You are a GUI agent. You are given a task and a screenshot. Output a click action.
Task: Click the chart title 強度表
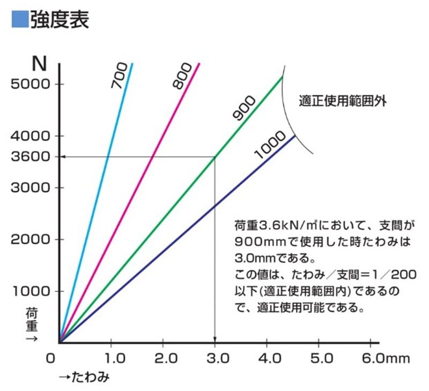tap(60, 19)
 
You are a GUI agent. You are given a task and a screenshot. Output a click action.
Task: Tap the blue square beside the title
tap(20, 19)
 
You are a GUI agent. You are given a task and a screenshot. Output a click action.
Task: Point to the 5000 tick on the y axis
tap(31, 84)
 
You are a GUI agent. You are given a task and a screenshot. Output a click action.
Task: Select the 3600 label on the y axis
tap(31, 157)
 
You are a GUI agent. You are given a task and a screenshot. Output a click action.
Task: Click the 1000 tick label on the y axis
tap(32, 291)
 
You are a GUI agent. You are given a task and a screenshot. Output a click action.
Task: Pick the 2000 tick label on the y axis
tap(31, 239)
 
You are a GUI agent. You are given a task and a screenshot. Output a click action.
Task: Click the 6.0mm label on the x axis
tap(386, 358)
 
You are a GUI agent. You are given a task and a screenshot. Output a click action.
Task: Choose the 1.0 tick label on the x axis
tap(115, 358)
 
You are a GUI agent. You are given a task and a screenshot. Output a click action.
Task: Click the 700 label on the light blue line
tap(120, 76)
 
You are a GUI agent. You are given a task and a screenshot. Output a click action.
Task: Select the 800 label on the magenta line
tap(182, 76)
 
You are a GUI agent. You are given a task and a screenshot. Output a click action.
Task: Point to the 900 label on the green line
tap(244, 108)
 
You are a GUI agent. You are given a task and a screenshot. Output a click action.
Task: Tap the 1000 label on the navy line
tap(270, 145)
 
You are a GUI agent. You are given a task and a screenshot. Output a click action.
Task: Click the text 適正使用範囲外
tap(343, 101)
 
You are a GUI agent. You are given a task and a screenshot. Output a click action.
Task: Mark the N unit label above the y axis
tap(39, 64)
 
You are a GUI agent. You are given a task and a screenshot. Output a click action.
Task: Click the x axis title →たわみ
tap(84, 377)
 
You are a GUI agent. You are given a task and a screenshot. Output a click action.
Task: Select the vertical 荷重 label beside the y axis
tap(32, 320)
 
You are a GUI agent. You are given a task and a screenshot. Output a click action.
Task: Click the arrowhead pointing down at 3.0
tap(215, 340)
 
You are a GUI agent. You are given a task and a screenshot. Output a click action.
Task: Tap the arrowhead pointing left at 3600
tap(63, 157)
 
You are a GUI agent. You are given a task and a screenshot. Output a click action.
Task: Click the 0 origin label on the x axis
tap(50, 358)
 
